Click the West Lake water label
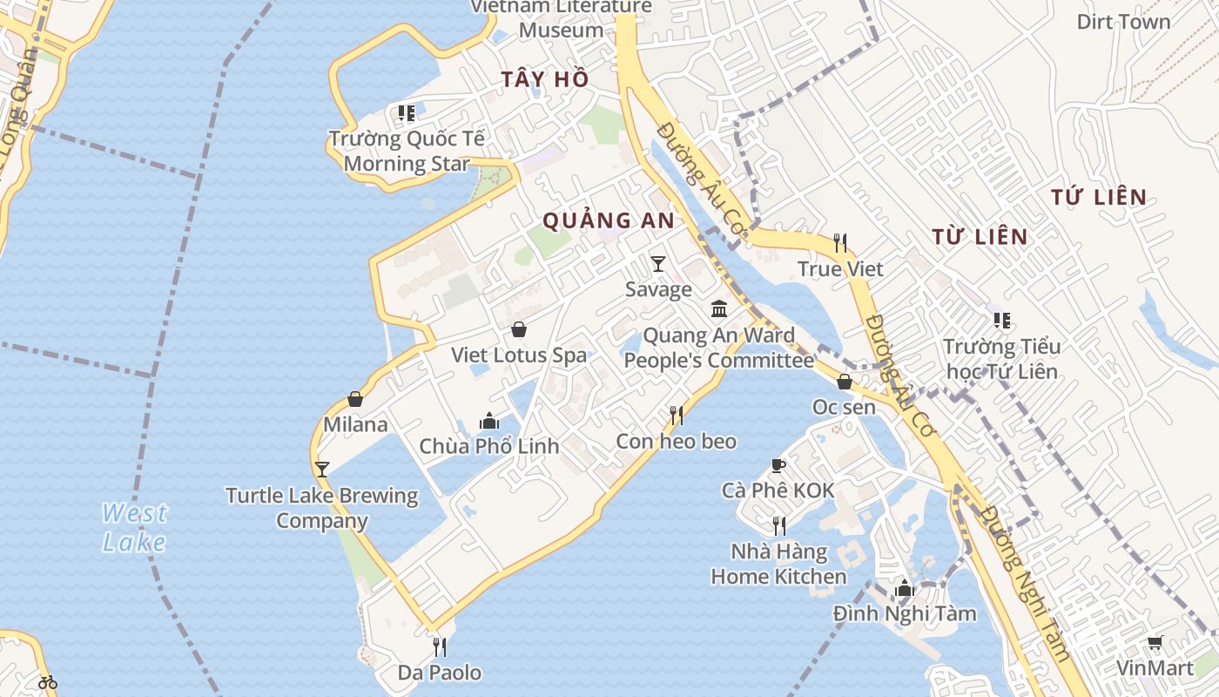pyautogui.click(x=134, y=528)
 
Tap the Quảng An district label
pyautogui.click(x=609, y=221)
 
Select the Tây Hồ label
pyautogui.click(x=545, y=79)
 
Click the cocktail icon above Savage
pyautogui.click(x=658, y=264)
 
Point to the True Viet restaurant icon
pyautogui.click(x=840, y=243)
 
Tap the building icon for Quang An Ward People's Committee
pyautogui.click(x=719, y=309)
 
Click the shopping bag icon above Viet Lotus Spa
pyautogui.click(x=519, y=329)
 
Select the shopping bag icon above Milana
pyautogui.click(x=355, y=399)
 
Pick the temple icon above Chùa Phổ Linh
pyautogui.click(x=489, y=422)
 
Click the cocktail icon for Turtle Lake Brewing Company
pyautogui.click(x=322, y=470)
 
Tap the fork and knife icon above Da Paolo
pyautogui.click(x=440, y=647)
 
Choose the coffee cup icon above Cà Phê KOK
pyautogui.click(x=778, y=466)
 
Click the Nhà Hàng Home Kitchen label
pyautogui.click(x=778, y=564)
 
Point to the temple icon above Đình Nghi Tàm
pyautogui.click(x=905, y=589)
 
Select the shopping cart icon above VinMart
pyautogui.click(x=1155, y=643)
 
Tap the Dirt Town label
pyautogui.click(x=1123, y=22)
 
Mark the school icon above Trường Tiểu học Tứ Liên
pyautogui.click(x=1002, y=321)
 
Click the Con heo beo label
pyautogui.click(x=676, y=442)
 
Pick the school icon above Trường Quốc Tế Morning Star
pyautogui.click(x=406, y=113)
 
